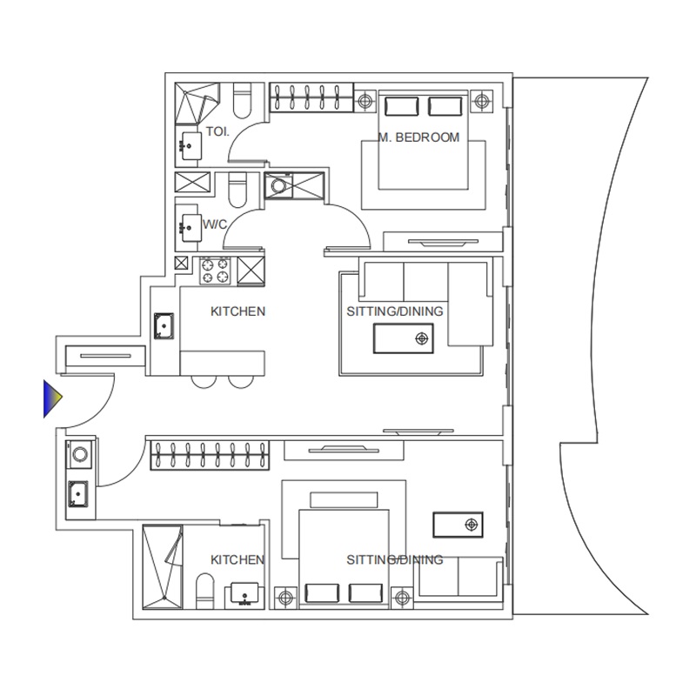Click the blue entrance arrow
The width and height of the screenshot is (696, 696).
(x=54, y=398)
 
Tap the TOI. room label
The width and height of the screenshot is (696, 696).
(x=217, y=132)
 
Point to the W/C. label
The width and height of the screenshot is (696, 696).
(x=216, y=224)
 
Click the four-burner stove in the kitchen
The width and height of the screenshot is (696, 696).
(x=216, y=270)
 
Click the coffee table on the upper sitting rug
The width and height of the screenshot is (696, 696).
(x=403, y=338)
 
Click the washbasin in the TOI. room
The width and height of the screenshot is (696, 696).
(x=189, y=144)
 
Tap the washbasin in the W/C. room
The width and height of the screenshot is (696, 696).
(x=188, y=226)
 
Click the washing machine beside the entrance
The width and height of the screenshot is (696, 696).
(x=78, y=453)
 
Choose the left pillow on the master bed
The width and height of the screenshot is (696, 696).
(x=401, y=106)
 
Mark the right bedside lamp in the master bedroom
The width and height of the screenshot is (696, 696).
(x=480, y=102)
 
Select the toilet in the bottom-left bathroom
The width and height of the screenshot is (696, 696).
(x=205, y=596)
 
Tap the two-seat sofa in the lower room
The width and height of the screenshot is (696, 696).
(x=458, y=578)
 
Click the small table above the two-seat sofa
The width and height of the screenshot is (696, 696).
(x=458, y=525)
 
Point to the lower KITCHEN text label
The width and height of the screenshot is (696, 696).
(x=238, y=560)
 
